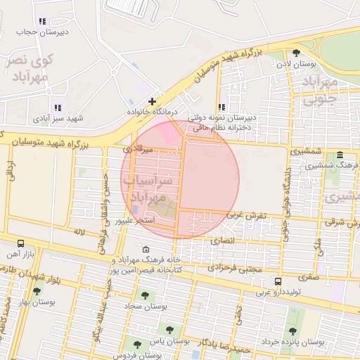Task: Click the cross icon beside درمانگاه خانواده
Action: coord(152,101)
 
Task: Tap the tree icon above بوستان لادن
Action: coord(295,53)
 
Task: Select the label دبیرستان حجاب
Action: coord(43,32)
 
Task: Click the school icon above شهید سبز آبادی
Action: coord(58,108)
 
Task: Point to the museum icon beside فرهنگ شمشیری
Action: coord(340,155)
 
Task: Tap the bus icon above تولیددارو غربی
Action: coord(278,281)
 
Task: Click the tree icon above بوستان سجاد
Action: coord(145,296)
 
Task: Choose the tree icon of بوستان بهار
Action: coord(37,291)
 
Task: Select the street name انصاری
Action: coord(224,240)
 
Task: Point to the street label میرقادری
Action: coord(138,148)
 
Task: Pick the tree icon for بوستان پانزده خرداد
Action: coord(292,331)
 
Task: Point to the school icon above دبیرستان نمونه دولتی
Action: coord(222,107)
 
